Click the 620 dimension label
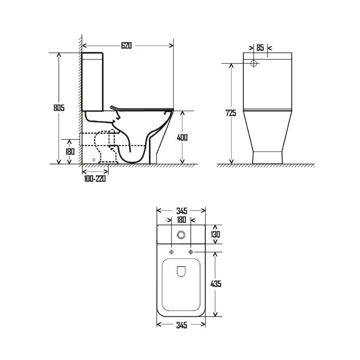[x=127, y=46]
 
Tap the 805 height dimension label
[x=59, y=108]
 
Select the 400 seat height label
[x=182, y=137]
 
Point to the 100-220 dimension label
[x=95, y=179]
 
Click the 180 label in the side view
[x=70, y=152]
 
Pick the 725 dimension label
[x=231, y=113]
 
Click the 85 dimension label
[x=260, y=48]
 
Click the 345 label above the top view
[x=181, y=210]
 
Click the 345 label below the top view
[x=181, y=325]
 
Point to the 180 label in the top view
[x=181, y=220]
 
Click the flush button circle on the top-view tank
[x=181, y=234]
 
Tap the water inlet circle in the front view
[x=254, y=63]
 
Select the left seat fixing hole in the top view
[x=172, y=252]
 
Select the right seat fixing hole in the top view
[x=191, y=252]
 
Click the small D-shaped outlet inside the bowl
[x=181, y=272]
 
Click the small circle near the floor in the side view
[x=94, y=160]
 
